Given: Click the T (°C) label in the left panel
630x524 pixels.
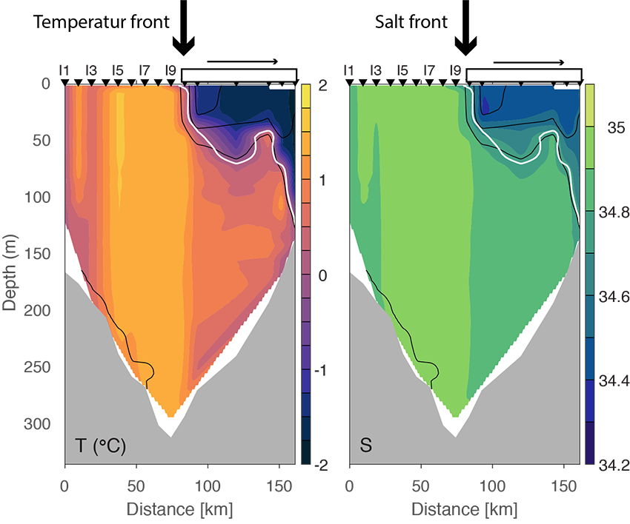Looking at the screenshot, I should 101,446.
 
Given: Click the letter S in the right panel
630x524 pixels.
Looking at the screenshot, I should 365,446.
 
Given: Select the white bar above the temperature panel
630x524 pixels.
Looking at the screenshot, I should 239,75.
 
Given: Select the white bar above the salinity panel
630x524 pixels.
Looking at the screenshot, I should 523,75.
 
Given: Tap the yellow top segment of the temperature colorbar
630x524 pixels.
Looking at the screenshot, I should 305,93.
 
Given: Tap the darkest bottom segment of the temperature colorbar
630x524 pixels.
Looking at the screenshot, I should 305,451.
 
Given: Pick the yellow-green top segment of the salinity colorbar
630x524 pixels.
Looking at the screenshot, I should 589,93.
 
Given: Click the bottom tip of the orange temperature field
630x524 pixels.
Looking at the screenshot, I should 172,416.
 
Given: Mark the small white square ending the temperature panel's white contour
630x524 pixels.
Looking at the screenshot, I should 295,222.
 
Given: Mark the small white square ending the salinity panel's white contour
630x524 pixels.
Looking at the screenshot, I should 580,222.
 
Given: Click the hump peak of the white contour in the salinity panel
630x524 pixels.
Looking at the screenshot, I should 548,135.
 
